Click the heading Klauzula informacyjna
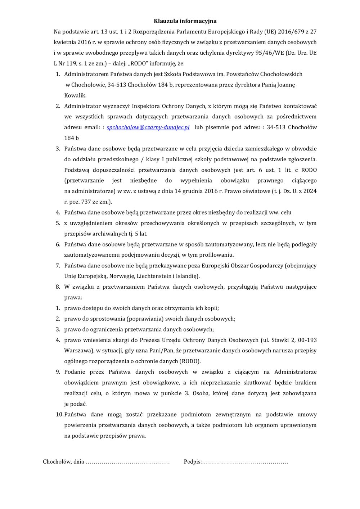click(x=185, y=21)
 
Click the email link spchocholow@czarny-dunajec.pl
click(x=148, y=127)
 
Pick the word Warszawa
click(x=77, y=351)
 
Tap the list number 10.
click(x=59, y=415)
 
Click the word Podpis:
click(x=193, y=462)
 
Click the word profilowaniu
click(x=215, y=255)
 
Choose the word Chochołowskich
click(x=281, y=74)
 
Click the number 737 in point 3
click(x=86, y=202)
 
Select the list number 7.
click(x=58, y=266)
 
